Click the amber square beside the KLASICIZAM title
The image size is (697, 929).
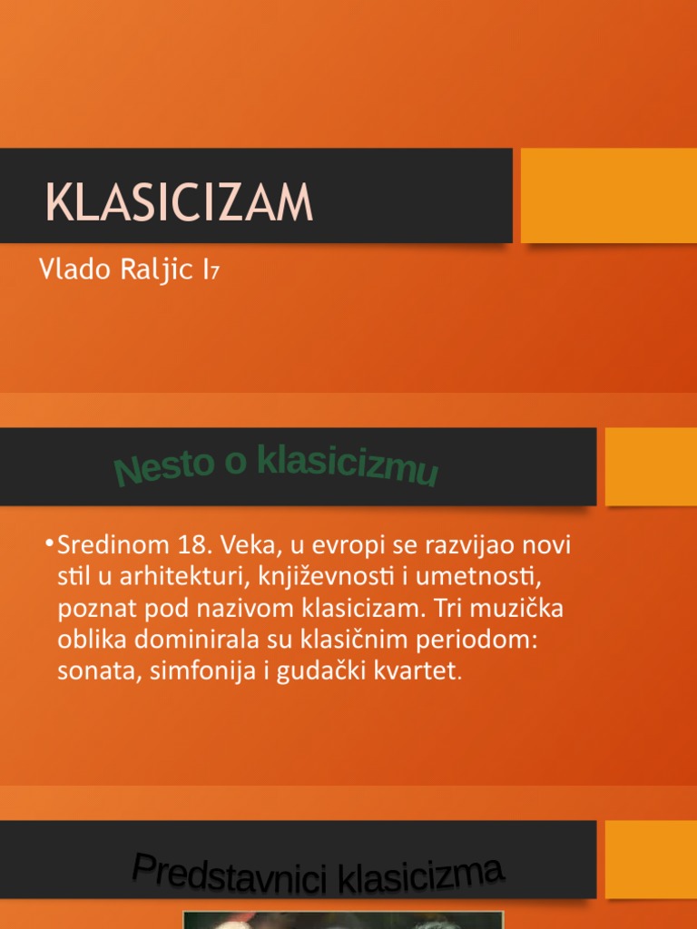[608, 195]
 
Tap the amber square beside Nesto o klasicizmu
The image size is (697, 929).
[651, 466]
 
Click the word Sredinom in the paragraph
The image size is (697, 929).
[103, 547]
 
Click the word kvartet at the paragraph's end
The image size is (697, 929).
[423, 671]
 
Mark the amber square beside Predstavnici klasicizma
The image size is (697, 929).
[651, 858]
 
